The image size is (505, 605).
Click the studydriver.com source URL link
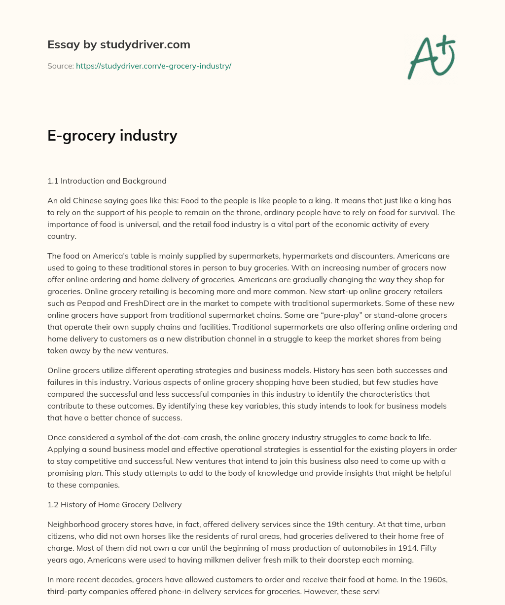(x=153, y=66)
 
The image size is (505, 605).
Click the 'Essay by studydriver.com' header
(x=118, y=44)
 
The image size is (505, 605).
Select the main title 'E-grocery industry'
(x=112, y=135)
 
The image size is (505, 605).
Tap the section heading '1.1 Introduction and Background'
(x=107, y=181)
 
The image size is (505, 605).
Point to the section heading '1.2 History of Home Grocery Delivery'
(x=114, y=504)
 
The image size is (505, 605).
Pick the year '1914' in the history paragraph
(x=413, y=547)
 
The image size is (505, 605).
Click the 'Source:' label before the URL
(x=60, y=66)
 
